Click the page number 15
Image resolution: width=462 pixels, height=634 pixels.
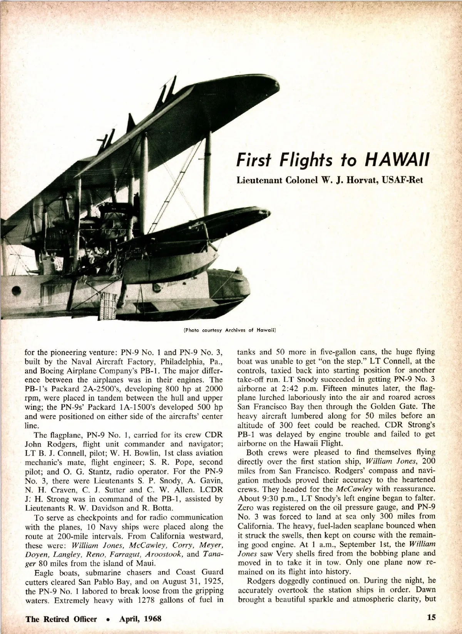(431, 618)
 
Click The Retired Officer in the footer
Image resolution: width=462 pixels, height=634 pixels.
(61, 619)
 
